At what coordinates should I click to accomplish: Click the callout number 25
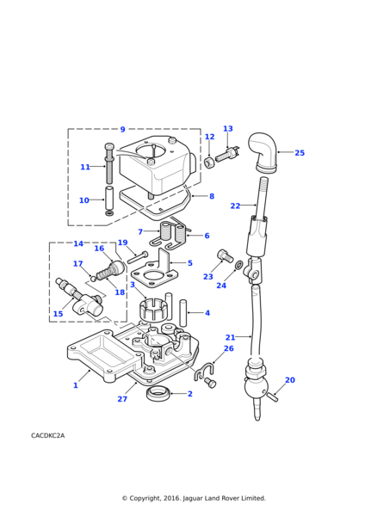click(300, 153)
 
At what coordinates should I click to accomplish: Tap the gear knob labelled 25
click(263, 152)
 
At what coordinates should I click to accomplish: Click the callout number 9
click(122, 129)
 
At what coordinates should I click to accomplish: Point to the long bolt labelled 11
click(109, 163)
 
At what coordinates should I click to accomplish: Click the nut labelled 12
click(209, 162)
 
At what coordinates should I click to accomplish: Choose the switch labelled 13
click(227, 154)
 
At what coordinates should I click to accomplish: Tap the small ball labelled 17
click(94, 279)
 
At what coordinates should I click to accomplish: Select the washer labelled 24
click(238, 264)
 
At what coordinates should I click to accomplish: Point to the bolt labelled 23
click(225, 256)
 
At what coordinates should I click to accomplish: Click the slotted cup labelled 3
click(154, 309)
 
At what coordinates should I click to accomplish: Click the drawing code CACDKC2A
click(47, 435)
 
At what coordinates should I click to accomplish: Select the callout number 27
click(122, 399)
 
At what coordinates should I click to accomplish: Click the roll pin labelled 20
click(272, 397)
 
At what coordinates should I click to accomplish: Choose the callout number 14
click(78, 243)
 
